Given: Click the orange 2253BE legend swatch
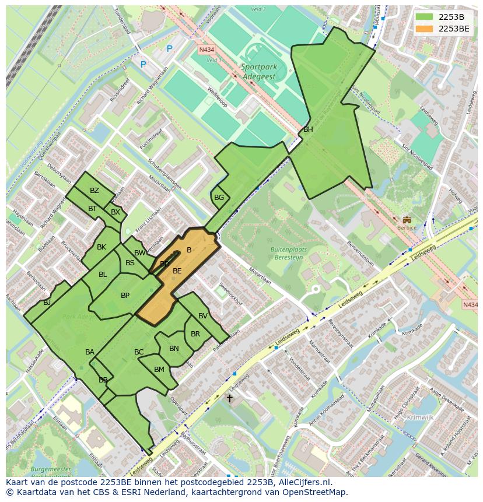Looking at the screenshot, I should tap(424, 29).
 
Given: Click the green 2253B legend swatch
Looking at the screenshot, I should tap(424, 17).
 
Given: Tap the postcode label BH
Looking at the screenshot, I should tap(308, 129).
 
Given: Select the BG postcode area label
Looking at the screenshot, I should tap(219, 198).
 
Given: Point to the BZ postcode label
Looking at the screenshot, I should tap(94, 191).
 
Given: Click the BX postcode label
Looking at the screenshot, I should tap(115, 212).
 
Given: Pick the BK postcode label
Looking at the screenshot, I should tap(101, 247).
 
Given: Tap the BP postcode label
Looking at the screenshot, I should tap(125, 296).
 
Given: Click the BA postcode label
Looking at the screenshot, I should tap(90, 352).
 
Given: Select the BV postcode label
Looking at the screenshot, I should tap(203, 316).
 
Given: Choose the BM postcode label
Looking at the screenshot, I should tap(159, 370).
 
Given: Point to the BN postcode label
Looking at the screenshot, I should tap(174, 349).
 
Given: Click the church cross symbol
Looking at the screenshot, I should tap(230, 399).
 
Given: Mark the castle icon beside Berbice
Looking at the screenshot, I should tap(407, 220).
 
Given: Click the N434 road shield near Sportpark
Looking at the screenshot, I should tap(206, 50).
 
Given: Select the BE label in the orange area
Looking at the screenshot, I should tap(177, 271).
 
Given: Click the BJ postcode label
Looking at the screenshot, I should tap(47, 303).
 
